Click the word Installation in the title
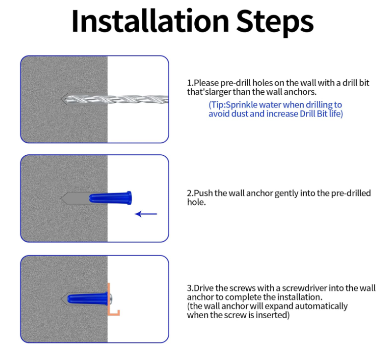(x=150, y=21)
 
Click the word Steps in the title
(x=275, y=23)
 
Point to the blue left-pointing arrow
(x=146, y=214)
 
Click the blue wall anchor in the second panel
(x=110, y=198)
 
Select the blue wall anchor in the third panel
(x=88, y=299)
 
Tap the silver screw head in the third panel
(x=110, y=299)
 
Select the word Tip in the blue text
(x=217, y=105)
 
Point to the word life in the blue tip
(x=335, y=114)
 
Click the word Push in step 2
(x=203, y=193)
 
